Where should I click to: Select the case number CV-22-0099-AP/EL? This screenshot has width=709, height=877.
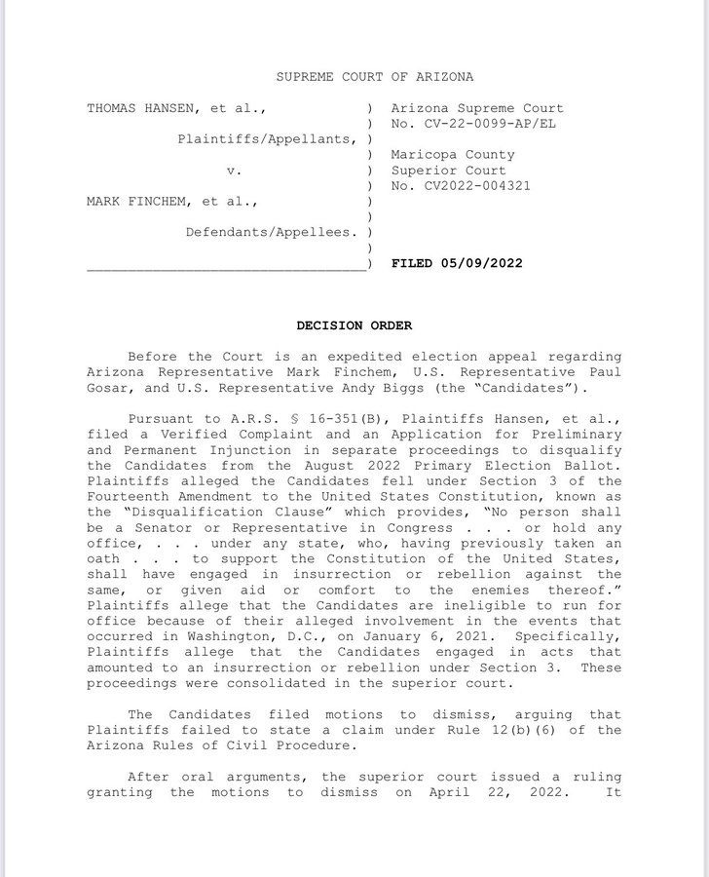(x=466, y=124)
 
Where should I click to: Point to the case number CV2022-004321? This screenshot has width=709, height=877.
(x=473, y=186)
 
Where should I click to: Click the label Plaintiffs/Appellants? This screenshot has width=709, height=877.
(x=266, y=139)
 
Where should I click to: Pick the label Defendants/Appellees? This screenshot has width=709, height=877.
(x=270, y=233)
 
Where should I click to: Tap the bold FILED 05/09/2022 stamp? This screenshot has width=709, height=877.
(x=456, y=263)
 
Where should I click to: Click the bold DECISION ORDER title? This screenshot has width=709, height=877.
(x=354, y=325)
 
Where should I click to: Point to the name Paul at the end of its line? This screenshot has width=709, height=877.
(x=604, y=372)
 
